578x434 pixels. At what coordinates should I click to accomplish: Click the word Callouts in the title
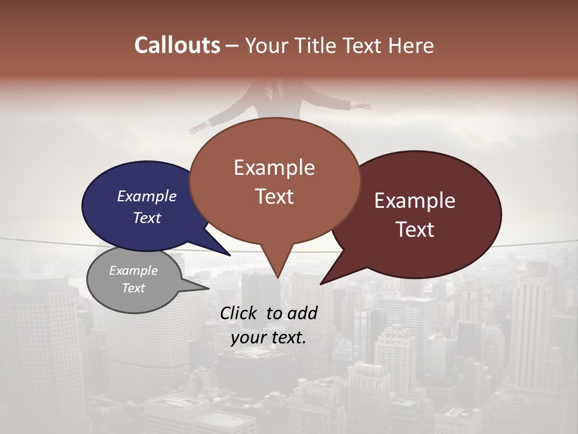tap(177, 45)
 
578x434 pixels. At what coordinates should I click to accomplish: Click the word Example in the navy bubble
tap(146, 196)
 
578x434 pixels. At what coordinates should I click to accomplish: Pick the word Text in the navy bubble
tap(146, 218)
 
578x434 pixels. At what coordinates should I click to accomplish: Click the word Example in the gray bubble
tap(133, 271)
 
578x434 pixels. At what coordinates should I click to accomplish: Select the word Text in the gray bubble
tap(133, 288)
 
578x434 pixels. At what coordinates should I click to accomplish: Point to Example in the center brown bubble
tap(274, 168)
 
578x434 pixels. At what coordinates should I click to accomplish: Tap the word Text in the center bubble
tap(274, 197)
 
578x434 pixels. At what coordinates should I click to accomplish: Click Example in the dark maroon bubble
tap(415, 201)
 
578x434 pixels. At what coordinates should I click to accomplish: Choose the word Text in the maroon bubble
tap(415, 230)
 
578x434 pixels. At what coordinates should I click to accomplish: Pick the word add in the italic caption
tap(303, 313)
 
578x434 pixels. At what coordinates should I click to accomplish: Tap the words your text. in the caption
tap(268, 338)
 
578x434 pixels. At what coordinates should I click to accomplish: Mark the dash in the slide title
tap(232, 46)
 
